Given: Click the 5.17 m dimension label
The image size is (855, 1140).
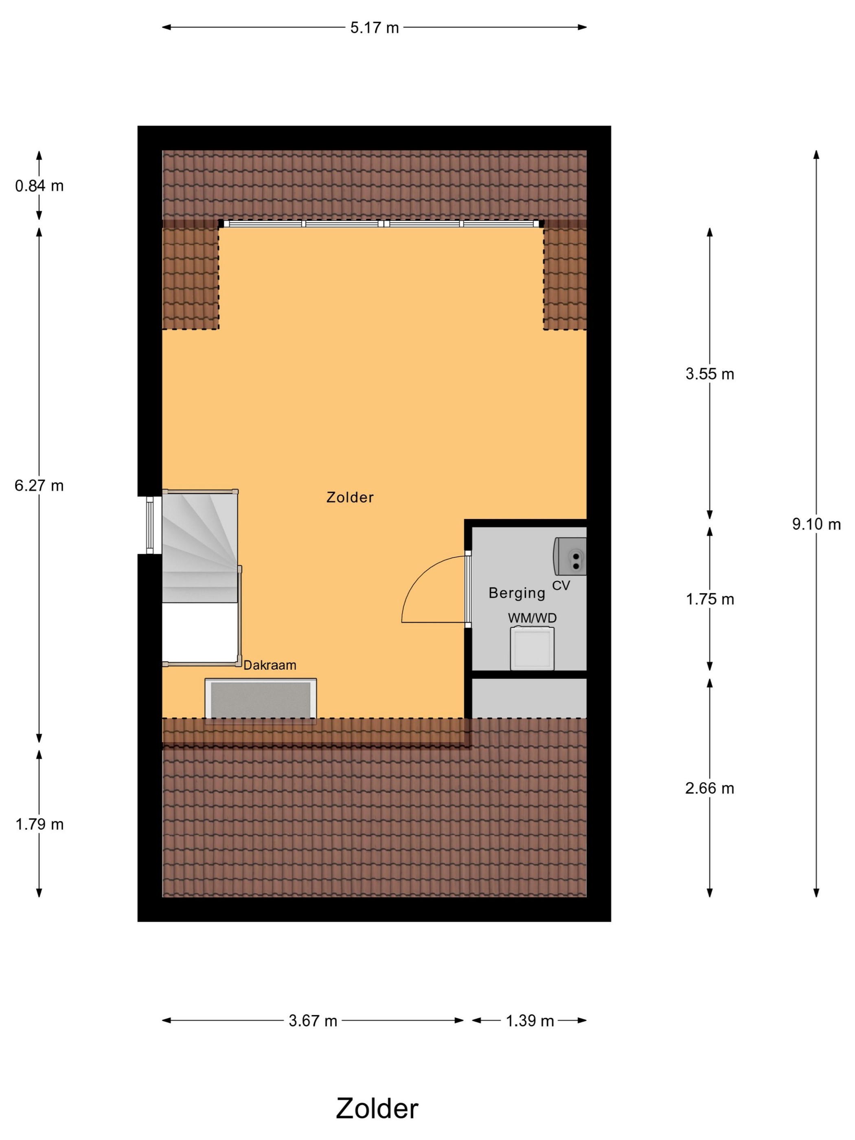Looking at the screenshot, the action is (x=374, y=28).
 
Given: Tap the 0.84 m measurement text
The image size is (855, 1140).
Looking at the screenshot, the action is (x=39, y=186).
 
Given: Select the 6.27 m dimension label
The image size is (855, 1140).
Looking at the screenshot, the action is (x=39, y=485).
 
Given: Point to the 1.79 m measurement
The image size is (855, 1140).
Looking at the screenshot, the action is (x=39, y=824).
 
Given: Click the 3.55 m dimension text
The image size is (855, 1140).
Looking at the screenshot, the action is (x=710, y=374).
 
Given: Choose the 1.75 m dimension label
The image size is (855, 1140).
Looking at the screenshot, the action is (x=710, y=599).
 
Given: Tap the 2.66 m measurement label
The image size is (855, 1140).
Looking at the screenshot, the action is (x=710, y=789).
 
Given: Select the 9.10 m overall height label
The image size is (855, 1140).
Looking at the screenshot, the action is (x=816, y=525).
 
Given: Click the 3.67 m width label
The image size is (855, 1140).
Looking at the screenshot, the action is (x=313, y=1021).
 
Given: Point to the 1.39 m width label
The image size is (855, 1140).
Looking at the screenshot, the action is (x=529, y=1021).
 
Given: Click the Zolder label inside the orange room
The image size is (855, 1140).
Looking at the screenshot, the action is (x=350, y=498).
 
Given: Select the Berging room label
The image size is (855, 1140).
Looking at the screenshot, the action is (x=517, y=593).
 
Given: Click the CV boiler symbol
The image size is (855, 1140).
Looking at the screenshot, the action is (x=570, y=557).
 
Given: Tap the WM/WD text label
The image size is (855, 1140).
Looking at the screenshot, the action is (x=533, y=618).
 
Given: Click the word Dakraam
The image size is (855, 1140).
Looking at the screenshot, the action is (x=270, y=665).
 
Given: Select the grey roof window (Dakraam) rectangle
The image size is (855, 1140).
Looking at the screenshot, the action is (x=261, y=700).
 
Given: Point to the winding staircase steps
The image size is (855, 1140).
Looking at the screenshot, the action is (x=200, y=546).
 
